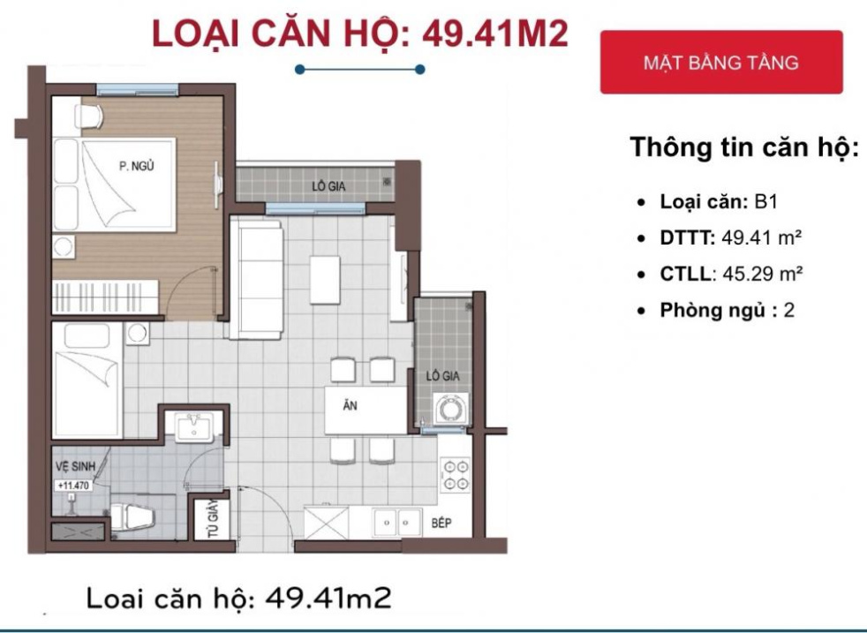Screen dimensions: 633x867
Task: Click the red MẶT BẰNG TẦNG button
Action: [720, 63]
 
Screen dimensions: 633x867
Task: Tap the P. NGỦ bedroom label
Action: [137, 164]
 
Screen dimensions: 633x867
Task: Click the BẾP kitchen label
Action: [441, 523]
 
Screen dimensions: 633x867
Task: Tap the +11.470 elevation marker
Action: [73, 486]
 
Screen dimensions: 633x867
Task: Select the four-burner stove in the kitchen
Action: [456, 475]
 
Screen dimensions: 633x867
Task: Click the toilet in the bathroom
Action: [132, 517]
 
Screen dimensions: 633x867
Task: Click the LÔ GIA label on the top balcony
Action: [328, 186]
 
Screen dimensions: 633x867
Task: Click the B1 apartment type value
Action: [765, 201]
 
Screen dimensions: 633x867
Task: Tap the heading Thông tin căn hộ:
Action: [744, 147]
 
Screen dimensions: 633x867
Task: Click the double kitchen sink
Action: [396, 523]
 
